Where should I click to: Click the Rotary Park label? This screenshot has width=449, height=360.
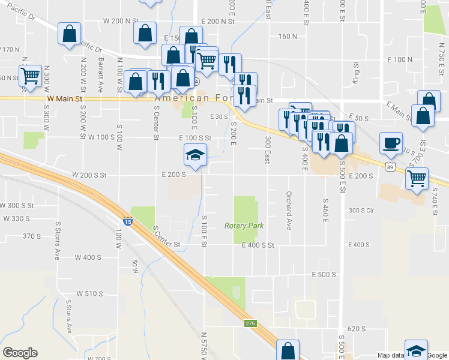click(244, 226)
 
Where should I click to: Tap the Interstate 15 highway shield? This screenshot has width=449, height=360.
click(127, 221)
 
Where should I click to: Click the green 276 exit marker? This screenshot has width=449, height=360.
click(250, 323)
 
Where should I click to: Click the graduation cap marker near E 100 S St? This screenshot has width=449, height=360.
click(195, 155)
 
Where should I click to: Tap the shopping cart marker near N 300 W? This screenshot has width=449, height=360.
click(30, 76)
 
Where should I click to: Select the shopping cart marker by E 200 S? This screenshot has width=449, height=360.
click(417, 178)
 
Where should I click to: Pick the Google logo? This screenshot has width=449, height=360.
click(20, 353)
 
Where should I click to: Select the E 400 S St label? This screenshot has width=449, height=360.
click(258, 245)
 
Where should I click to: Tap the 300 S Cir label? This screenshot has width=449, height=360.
click(361, 211)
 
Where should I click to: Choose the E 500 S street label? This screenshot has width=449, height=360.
click(324, 274)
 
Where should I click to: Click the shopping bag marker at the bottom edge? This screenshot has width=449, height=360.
click(288, 350)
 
